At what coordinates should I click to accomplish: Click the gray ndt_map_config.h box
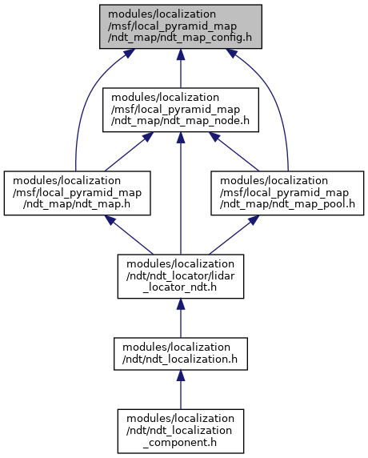pos(180,26)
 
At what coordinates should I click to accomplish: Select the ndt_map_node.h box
pos(180,110)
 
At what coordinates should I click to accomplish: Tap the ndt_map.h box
pos(77,193)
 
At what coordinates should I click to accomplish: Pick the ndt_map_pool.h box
pos(287,193)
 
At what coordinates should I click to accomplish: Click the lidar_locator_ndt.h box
pos(180,276)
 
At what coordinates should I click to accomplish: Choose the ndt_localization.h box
pos(180,354)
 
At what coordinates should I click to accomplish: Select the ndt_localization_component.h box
pos(180,431)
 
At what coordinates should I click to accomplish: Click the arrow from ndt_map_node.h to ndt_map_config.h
pos(180,68)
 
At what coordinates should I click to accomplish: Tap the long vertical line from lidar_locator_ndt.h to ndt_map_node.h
pos(180,193)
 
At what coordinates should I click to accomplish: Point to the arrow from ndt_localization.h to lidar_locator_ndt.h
pos(180,318)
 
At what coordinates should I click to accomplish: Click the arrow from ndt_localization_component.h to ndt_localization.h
pos(180,390)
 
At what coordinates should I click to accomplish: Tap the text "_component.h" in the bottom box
pos(180,443)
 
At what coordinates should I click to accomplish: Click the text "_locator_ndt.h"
pos(180,287)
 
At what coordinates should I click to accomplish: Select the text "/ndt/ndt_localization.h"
pos(180,360)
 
